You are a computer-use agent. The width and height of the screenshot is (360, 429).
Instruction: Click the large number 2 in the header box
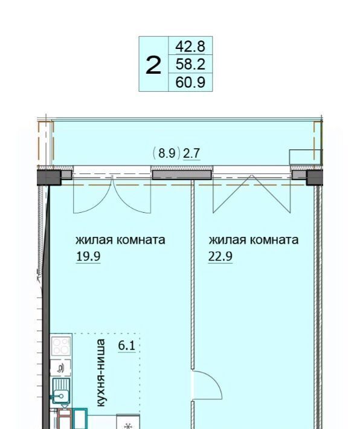[153, 65]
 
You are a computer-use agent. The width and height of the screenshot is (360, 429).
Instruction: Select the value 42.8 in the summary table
[190, 47]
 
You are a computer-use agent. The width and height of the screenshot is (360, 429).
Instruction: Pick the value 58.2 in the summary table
[190, 64]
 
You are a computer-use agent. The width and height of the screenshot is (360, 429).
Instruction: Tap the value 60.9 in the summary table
[190, 82]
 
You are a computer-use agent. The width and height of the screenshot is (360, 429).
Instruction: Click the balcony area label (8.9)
[167, 153]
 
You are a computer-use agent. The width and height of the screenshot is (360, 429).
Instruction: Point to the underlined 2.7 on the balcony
[191, 153]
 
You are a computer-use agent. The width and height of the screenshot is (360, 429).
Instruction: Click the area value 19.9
[88, 257]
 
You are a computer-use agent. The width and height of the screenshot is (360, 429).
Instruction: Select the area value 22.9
[220, 257]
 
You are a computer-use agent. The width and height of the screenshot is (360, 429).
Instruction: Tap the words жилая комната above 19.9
[120, 240]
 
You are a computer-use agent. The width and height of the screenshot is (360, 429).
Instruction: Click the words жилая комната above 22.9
[253, 240]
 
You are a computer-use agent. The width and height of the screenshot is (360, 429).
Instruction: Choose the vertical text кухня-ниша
[101, 373]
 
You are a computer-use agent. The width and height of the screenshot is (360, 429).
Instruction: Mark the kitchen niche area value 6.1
[127, 346]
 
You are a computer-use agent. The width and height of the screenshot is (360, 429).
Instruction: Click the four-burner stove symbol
[61, 346]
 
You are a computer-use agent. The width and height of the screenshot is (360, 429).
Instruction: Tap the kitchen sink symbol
[61, 391]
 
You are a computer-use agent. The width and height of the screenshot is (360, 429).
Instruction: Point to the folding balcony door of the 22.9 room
[252, 194]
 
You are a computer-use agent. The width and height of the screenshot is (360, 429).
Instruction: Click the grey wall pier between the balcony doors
[182, 175]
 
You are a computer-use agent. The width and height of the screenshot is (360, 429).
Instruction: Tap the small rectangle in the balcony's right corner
[305, 157]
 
